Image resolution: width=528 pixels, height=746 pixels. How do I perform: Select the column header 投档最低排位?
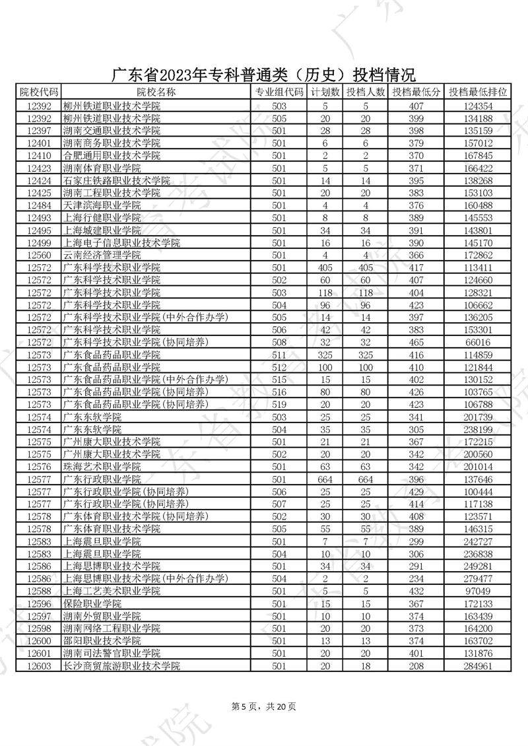[478, 92]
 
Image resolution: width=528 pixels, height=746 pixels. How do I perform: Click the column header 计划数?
[325, 92]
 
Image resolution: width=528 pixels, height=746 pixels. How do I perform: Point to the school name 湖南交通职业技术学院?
[112, 131]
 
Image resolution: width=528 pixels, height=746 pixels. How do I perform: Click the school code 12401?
[39, 143]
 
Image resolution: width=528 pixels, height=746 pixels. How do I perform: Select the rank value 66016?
[478, 342]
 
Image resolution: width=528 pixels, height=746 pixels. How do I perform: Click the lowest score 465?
[416, 342]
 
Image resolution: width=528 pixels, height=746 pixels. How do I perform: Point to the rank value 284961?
[478, 665]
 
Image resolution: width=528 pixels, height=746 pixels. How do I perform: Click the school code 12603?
[39, 665]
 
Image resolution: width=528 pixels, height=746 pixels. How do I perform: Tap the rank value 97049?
[478, 591]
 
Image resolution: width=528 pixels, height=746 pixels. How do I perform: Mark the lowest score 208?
[416, 665]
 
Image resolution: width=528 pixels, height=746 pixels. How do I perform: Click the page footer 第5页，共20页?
[264, 706]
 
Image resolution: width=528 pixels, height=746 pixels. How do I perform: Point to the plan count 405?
[325, 267]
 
